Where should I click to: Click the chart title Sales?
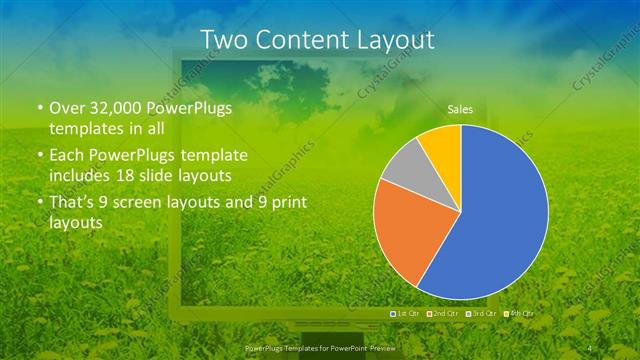(460, 110)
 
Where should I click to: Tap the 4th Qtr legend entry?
(519, 314)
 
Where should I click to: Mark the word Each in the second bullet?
(67, 156)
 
